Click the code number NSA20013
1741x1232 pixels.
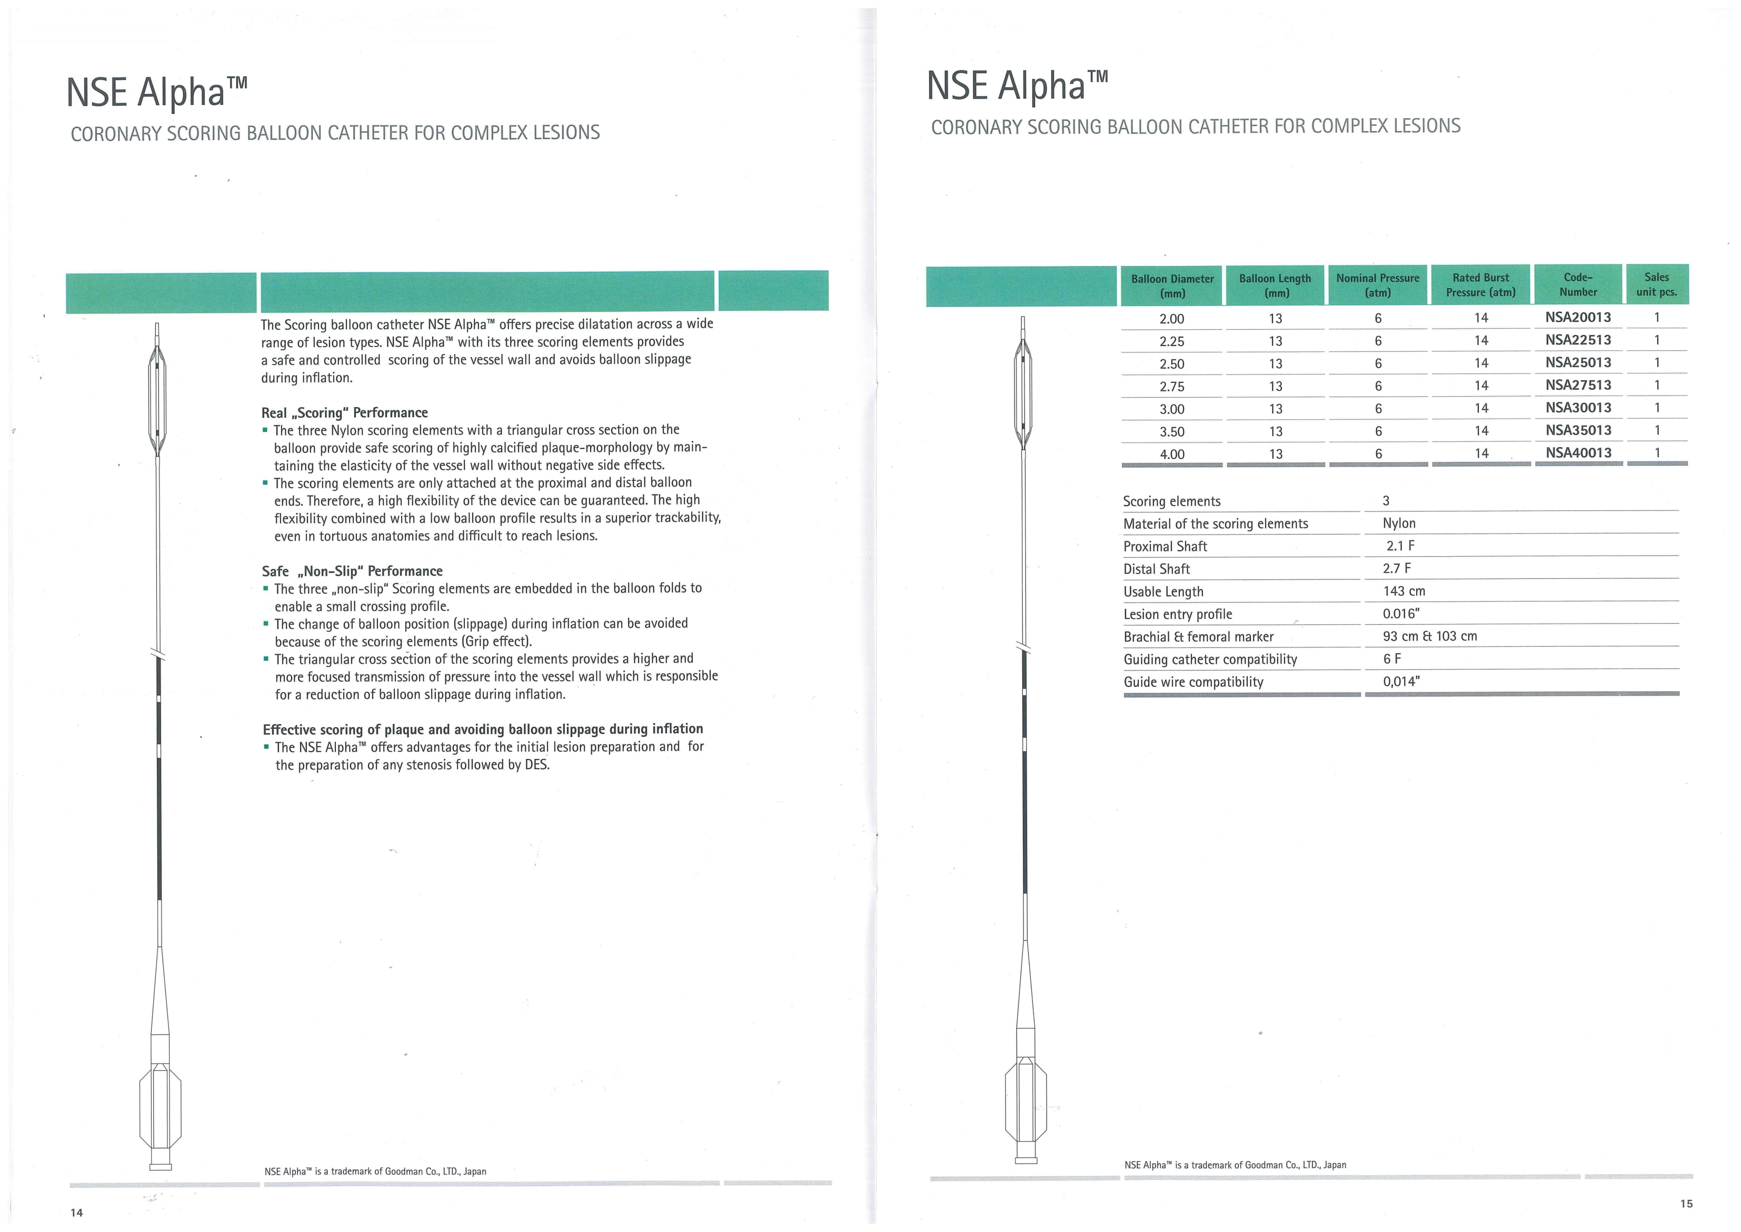click(x=1577, y=317)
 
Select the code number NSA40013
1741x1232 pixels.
click(x=1577, y=453)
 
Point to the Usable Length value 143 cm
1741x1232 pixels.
click(x=1404, y=591)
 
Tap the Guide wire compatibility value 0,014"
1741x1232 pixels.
click(x=1400, y=681)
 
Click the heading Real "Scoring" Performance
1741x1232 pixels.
click(x=344, y=413)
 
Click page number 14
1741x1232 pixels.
click(x=76, y=1213)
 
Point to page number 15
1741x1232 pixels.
click(x=1686, y=1203)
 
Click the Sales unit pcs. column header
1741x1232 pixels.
click(x=1656, y=284)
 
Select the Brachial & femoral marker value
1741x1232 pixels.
click(x=1429, y=636)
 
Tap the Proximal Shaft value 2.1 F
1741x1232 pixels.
click(x=1400, y=546)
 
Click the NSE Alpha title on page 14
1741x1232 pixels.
click(x=156, y=92)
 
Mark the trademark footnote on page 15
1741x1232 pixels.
click(x=1235, y=1165)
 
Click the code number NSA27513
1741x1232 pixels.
click(x=1577, y=385)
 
